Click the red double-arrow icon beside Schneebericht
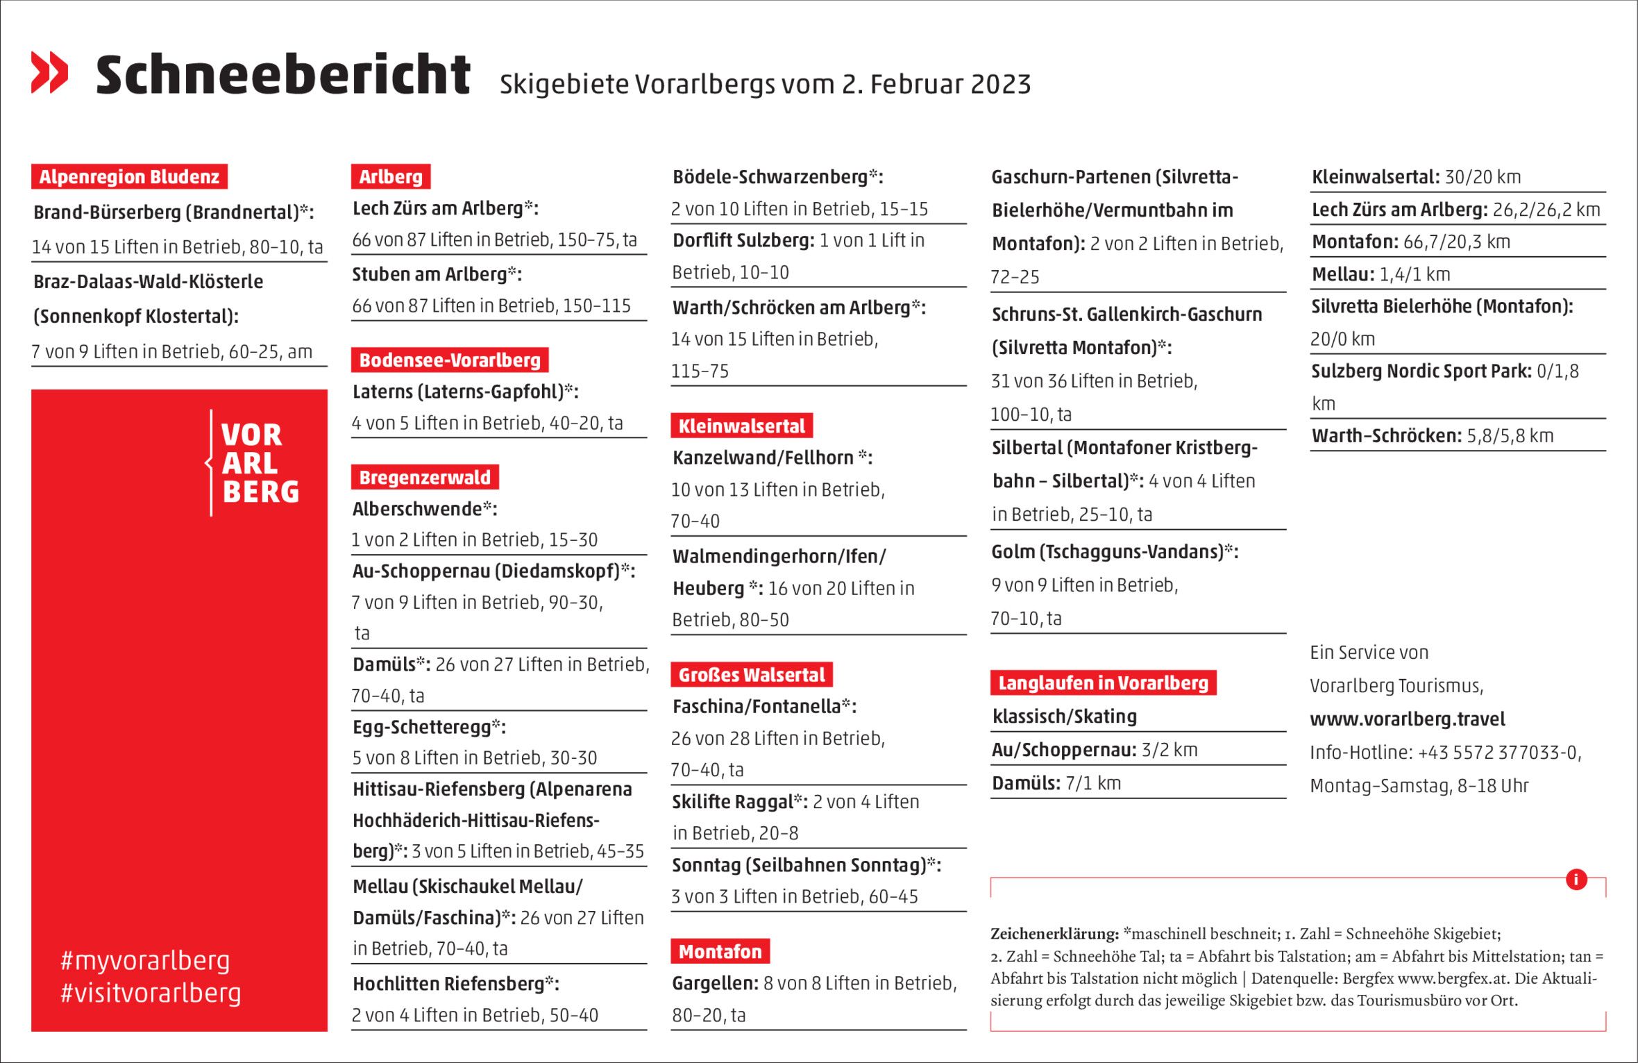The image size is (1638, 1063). (49, 72)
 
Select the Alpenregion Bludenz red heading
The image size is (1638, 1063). (129, 176)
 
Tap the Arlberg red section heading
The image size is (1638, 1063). (391, 176)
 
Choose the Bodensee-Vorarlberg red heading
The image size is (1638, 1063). (449, 360)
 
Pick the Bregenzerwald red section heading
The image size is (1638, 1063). (424, 477)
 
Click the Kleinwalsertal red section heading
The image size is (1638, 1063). (741, 426)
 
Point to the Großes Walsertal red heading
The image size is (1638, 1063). (751, 674)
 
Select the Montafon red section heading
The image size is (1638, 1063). (720, 951)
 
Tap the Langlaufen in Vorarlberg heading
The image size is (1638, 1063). (1103, 683)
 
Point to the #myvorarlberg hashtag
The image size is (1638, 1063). (145, 960)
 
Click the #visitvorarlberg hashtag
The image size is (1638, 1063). (151, 993)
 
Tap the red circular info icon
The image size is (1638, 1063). (1576, 879)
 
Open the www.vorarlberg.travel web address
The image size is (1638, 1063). (1407, 719)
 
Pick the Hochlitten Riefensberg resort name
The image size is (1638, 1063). (448, 983)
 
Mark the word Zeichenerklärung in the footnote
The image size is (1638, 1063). (1054, 934)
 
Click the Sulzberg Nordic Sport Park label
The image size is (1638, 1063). (1420, 371)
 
